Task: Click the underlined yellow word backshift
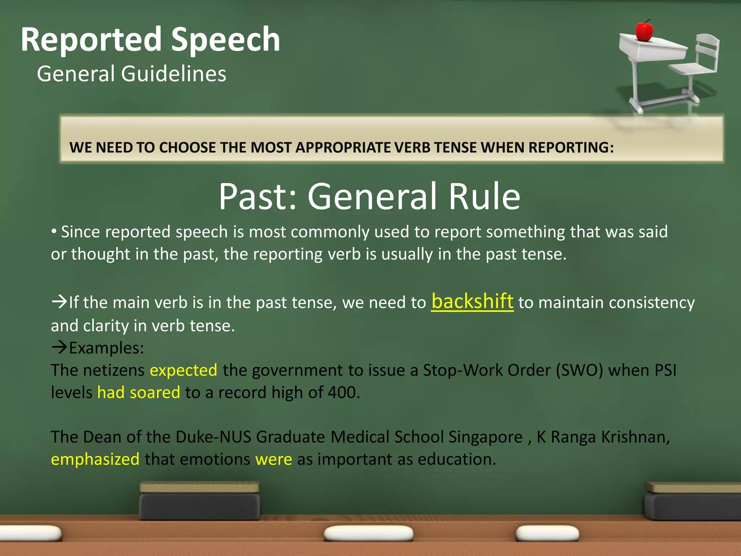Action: click(472, 302)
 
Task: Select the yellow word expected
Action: click(183, 370)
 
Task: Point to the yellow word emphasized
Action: click(95, 459)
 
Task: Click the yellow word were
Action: click(274, 459)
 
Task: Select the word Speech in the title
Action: click(225, 39)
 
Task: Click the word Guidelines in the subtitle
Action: click(174, 74)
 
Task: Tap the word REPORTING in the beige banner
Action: click(571, 148)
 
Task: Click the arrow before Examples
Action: click(59, 347)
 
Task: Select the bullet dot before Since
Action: click(54, 231)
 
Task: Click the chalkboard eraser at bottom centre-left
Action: click(199, 501)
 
